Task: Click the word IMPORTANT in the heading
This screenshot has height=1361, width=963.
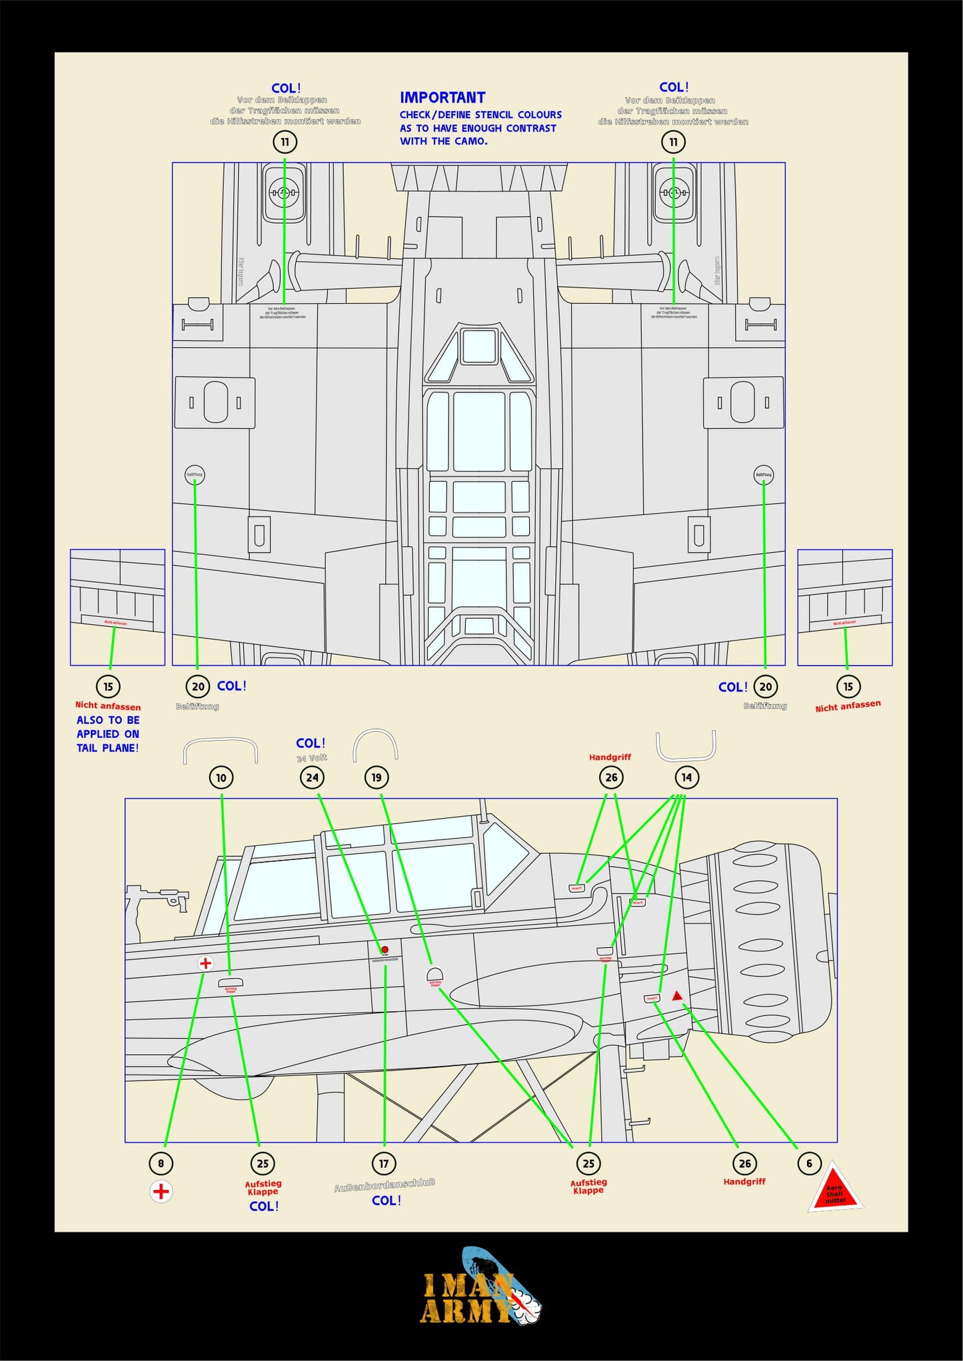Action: pyautogui.click(x=443, y=98)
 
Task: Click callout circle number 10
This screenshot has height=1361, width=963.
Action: pyautogui.click(x=221, y=777)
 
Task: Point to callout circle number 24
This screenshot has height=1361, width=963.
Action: pyautogui.click(x=312, y=777)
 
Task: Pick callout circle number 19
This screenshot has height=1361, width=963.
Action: pyautogui.click(x=377, y=777)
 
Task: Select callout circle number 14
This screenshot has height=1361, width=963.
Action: pyautogui.click(x=686, y=777)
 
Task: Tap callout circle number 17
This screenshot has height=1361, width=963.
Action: pyautogui.click(x=384, y=1164)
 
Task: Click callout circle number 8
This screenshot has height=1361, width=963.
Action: pyautogui.click(x=161, y=1164)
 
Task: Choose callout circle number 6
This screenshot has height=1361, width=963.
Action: pyautogui.click(x=809, y=1164)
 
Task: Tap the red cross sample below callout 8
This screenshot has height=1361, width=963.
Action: pyautogui.click(x=161, y=1191)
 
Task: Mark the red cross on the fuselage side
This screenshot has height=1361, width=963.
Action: pyautogui.click(x=206, y=963)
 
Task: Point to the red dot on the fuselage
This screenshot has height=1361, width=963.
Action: pyautogui.click(x=385, y=950)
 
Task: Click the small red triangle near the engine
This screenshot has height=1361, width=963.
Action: pyautogui.click(x=677, y=996)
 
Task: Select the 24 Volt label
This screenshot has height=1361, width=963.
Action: pyautogui.click(x=312, y=758)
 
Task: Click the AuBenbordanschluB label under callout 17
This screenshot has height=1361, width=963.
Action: pyautogui.click(x=385, y=1184)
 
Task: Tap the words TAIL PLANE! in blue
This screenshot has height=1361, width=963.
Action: pyautogui.click(x=107, y=748)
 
